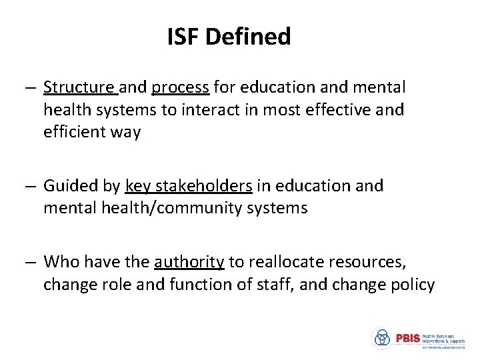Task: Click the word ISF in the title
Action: pos(183,37)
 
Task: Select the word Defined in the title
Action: pos(248,37)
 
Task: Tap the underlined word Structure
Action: pos(79,87)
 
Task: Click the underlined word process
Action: pos(181,87)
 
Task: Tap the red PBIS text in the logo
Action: pos(408,338)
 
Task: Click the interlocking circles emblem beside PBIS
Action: pos(382,338)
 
